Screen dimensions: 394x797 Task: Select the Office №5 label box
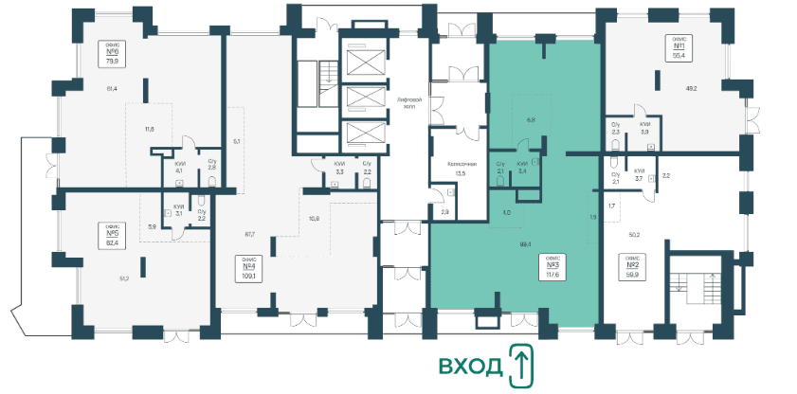[112, 233]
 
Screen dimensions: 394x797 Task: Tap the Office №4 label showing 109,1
[249, 270]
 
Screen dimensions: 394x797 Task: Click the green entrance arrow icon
[519, 366]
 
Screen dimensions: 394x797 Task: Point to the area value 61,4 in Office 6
[112, 88]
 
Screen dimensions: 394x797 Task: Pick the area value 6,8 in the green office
[531, 120]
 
